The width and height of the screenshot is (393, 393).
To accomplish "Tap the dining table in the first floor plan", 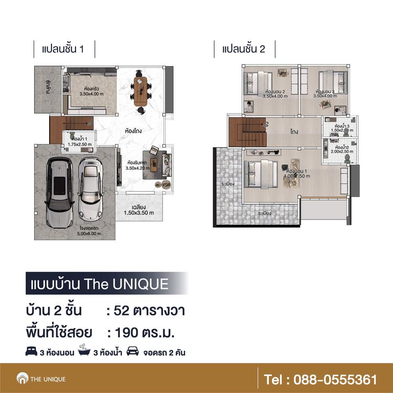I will click(x=141, y=91).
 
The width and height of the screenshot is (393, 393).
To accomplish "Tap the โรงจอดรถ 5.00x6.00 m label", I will click(x=74, y=231).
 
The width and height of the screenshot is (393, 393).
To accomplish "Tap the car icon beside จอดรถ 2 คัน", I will click(x=133, y=352).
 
